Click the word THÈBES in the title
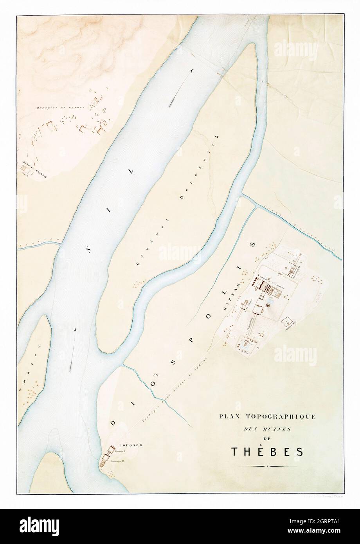(266, 451)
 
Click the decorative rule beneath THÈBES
(266, 467)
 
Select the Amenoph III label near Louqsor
(117, 461)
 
